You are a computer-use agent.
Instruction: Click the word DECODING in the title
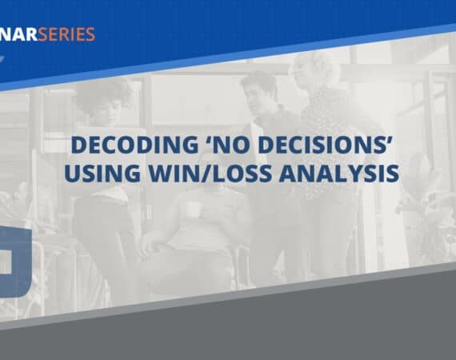tap(134, 145)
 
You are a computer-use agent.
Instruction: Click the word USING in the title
tap(102, 174)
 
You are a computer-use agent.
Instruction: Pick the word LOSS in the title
tap(243, 174)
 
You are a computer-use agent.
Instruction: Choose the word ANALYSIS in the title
tap(339, 174)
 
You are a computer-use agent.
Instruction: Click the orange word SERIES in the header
tap(66, 34)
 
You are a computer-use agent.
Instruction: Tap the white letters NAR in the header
tap(18, 34)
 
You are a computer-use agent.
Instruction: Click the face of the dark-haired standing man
tap(257, 96)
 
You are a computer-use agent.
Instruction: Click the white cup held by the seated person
tap(193, 210)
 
